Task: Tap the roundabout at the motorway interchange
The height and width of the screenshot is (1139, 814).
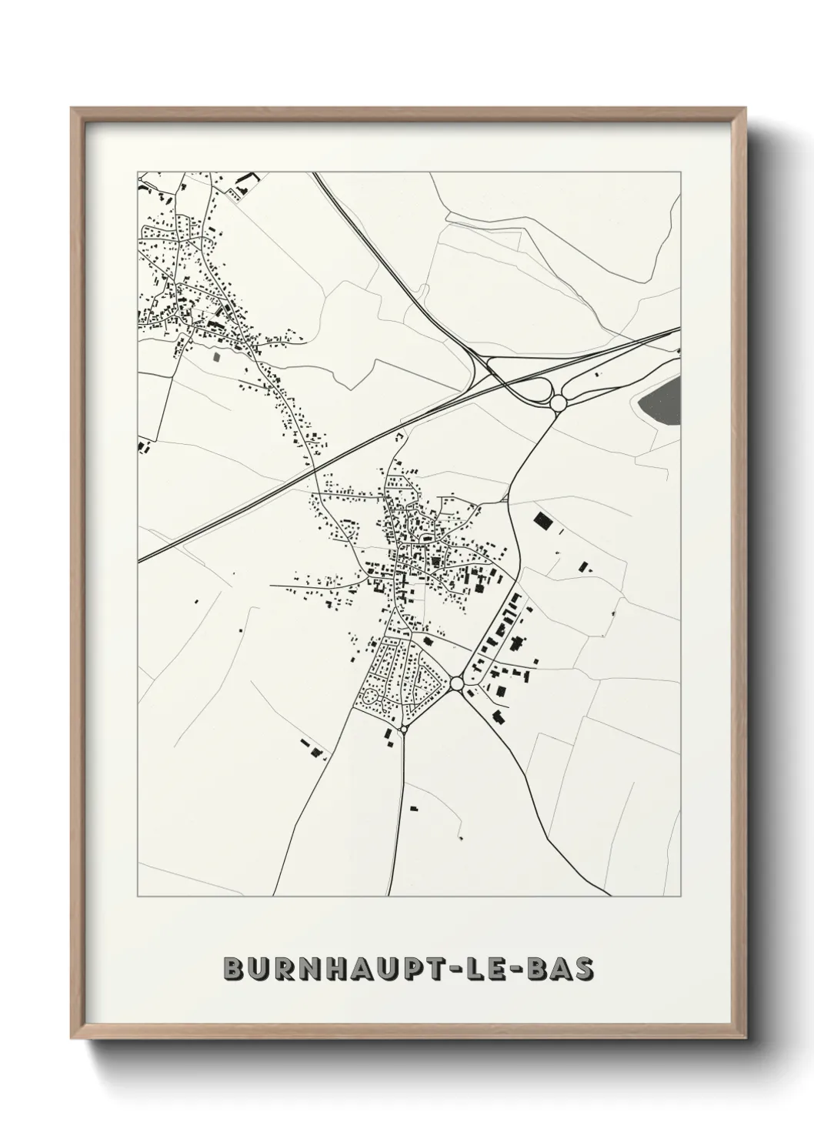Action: point(559,402)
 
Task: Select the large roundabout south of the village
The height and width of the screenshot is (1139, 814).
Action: point(457,683)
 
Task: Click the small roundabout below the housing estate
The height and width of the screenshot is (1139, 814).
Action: point(403,727)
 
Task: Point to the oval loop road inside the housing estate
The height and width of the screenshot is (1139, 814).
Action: point(371,698)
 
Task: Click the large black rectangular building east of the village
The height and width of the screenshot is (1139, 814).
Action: point(543,521)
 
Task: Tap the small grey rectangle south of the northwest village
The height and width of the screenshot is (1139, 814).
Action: point(216,356)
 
